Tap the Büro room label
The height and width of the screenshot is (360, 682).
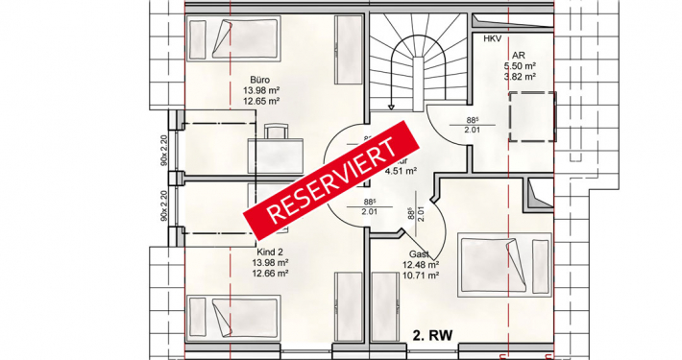point(259,80)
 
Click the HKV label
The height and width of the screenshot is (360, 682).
point(492,38)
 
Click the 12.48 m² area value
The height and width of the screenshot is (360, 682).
point(422,265)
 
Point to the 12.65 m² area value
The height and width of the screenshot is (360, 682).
point(260,100)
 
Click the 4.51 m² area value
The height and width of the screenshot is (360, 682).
point(400,172)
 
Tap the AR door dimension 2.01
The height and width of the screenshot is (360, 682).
point(473,129)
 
